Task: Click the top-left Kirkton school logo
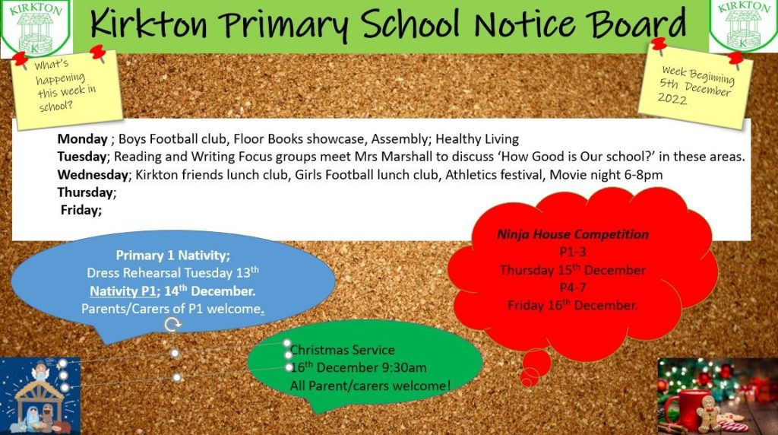[34, 28]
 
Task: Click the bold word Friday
[81, 210]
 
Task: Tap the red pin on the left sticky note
[96, 52]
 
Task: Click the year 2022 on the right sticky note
[672, 99]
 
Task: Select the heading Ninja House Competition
[573, 234]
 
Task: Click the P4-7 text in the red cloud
[573, 288]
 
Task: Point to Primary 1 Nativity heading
[172, 256]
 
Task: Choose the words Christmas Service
[343, 350]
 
